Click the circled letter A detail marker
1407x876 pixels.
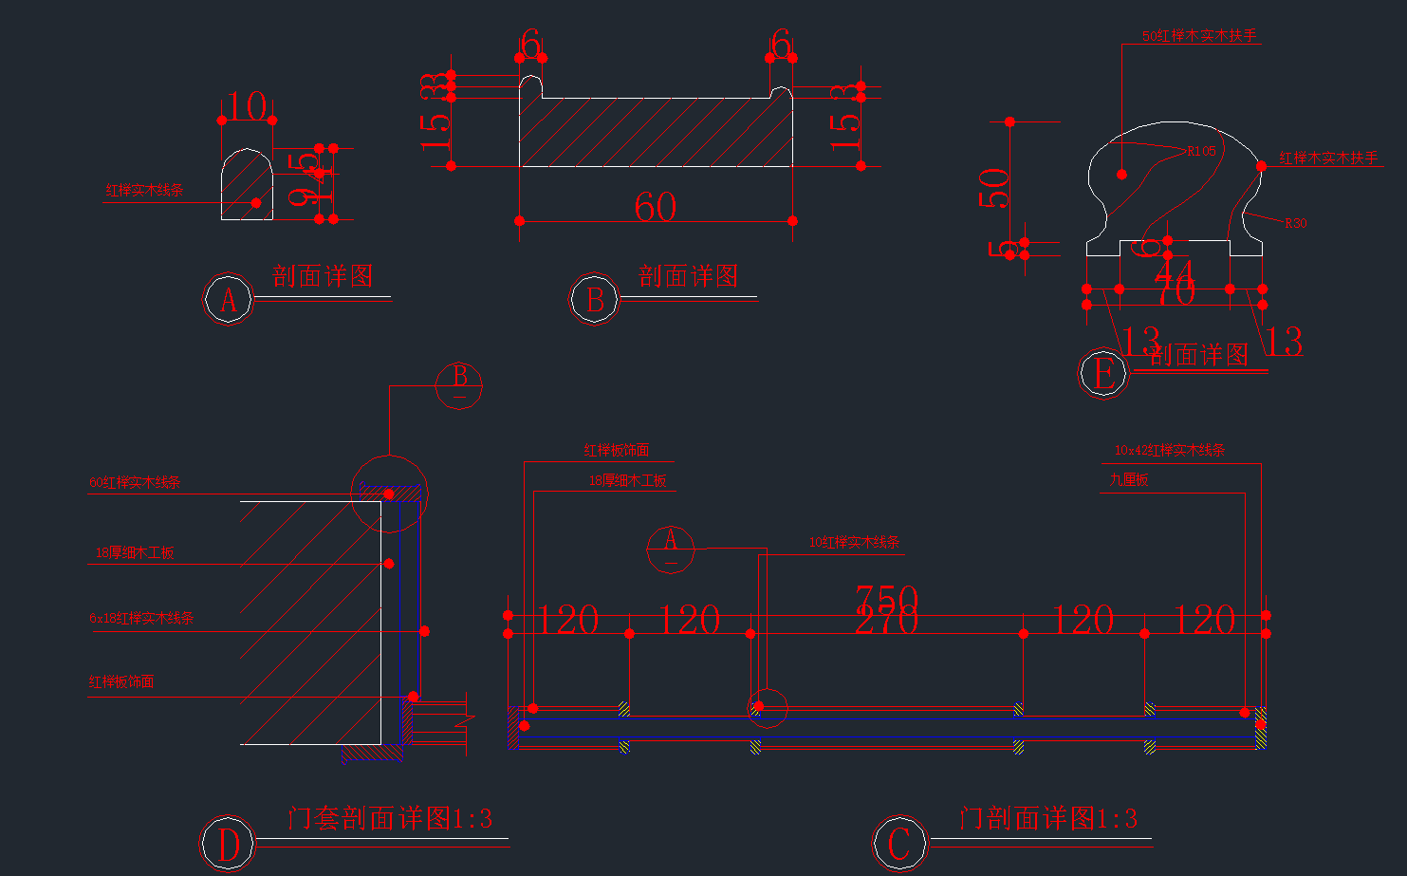pyautogui.click(x=228, y=300)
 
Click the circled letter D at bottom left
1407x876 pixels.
pyautogui.click(x=228, y=844)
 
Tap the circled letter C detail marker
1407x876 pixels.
pyautogui.click(x=898, y=843)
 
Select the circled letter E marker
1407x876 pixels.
pyautogui.click(x=1103, y=373)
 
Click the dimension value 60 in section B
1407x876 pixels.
pyautogui.click(x=655, y=207)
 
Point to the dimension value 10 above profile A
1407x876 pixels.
pyautogui.click(x=247, y=106)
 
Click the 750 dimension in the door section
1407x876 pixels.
pyautogui.click(x=886, y=598)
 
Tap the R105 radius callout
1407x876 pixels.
pyautogui.click(x=1201, y=151)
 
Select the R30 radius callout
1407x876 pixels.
pyautogui.click(x=1295, y=223)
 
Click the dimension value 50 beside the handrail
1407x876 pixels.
pyautogui.click(x=993, y=188)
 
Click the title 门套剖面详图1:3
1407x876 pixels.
pyautogui.click(x=390, y=818)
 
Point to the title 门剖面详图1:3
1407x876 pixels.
pyautogui.click(x=1047, y=818)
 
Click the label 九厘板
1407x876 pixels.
pyautogui.click(x=1129, y=479)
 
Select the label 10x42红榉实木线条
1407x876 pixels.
pyautogui.click(x=1169, y=451)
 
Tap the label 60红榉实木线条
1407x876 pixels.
pyautogui.click(x=135, y=482)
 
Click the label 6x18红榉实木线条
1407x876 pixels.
pyautogui.click(x=141, y=618)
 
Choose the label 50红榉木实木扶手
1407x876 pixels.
pyautogui.click(x=1199, y=36)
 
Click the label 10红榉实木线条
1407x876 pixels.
pyautogui.click(x=854, y=542)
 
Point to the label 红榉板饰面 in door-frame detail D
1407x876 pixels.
pyautogui.click(x=121, y=681)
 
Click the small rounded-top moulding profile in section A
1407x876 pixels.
pyautogui.click(x=247, y=186)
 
